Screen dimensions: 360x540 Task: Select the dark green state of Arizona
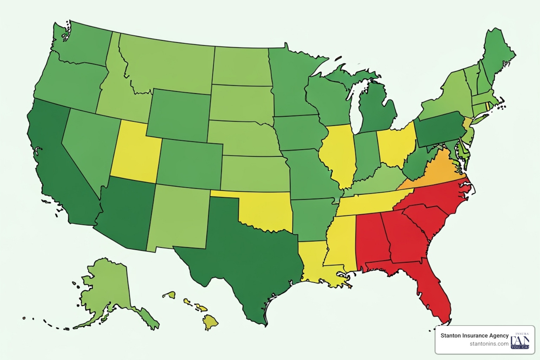tap(127, 214)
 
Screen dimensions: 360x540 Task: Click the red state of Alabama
tap(371, 239)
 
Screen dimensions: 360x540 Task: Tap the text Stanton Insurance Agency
tap(474, 335)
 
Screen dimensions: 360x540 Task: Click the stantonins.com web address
tap(489, 344)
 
